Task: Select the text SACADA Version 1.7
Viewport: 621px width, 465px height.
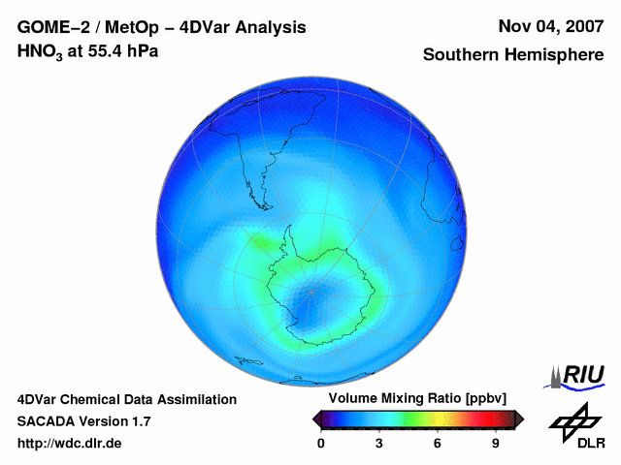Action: [x=84, y=421]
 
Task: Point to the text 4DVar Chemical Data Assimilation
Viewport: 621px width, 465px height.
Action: [x=126, y=399]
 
